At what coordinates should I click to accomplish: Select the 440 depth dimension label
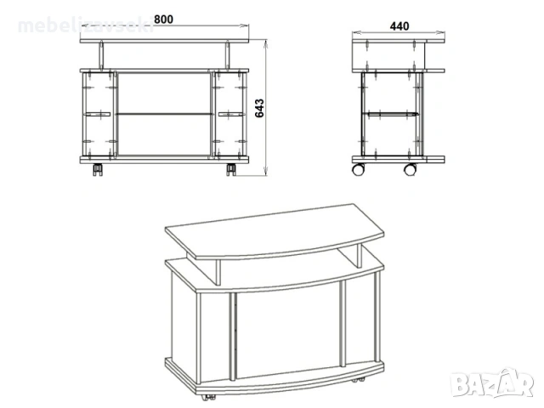pos(399,25)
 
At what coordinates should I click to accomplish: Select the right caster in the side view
pos(411,169)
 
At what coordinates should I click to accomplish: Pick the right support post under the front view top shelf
pos(228,56)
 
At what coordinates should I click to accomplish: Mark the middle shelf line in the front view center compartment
pos(164,113)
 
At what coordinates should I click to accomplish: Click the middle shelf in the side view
pos(392,112)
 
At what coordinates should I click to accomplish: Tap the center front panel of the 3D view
pos(287,336)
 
